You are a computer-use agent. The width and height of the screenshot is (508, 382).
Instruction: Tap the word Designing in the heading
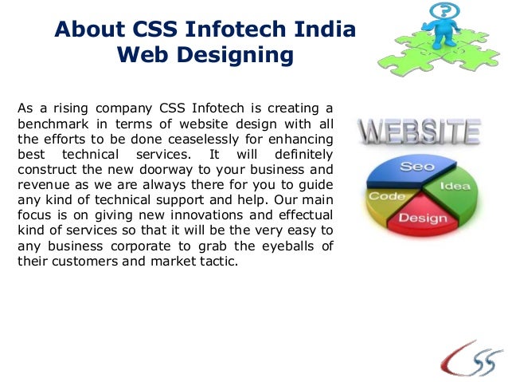(238, 56)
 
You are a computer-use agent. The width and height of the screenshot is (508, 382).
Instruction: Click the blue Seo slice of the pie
(416, 167)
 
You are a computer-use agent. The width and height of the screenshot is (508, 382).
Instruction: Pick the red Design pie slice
(421, 216)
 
